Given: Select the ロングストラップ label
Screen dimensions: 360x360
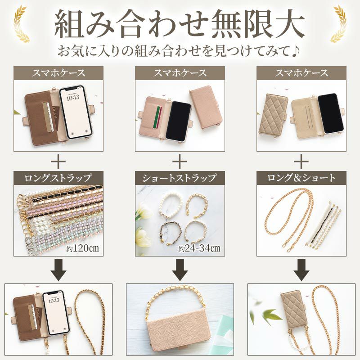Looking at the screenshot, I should tap(58, 177).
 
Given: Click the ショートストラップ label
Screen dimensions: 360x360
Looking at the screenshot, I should tap(180, 177).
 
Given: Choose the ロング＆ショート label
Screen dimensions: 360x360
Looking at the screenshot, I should tap(301, 177).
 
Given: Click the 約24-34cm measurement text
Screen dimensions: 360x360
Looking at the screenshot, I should tap(198, 248).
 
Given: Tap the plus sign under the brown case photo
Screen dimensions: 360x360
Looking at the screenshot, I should tap(58, 161).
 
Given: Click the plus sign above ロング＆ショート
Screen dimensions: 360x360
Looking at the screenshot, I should tap(301, 161).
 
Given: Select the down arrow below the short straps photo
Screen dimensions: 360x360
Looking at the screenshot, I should tap(180, 269).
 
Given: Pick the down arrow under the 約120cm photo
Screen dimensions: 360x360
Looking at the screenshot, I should tap(58, 269).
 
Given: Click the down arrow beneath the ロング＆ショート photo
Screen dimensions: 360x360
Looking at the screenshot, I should tap(301, 269).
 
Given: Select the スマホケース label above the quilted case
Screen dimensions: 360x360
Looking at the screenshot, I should tap(301, 72).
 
